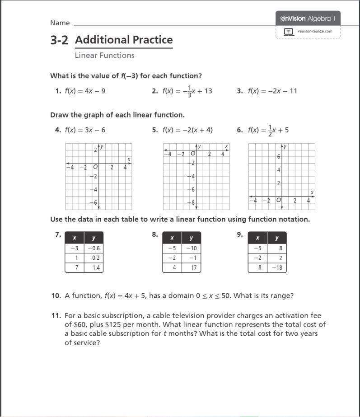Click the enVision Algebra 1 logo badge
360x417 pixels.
pyautogui.click(x=308, y=19)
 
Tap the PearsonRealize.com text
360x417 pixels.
pyautogui.click(x=314, y=31)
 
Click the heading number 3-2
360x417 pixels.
pyautogui.click(x=59, y=40)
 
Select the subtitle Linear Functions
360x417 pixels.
pyautogui.click(x=104, y=56)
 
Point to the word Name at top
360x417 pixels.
pyautogui.click(x=60, y=23)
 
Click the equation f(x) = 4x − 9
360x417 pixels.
pyautogui.click(x=85, y=91)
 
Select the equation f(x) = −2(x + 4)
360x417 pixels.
pyautogui.click(x=187, y=130)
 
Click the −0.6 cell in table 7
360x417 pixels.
pyautogui.click(x=94, y=248)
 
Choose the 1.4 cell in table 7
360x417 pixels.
pyautogui.click(x=94, y=267)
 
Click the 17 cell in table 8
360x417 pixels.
pyautogui.click(x=191, y=267)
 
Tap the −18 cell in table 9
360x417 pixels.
pyautogui.click(x=276, y=267)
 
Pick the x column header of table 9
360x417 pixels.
pyautogui.click(x=257, y=238)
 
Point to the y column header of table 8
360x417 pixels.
pyautogui.click(x=191, y=238)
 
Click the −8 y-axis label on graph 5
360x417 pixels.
pyautogui.click(x=192, y=203)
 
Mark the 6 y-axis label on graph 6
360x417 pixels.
pyautogui.click(x=279, y=157)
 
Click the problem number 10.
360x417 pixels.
pyautogui.click(x=56, y=296)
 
